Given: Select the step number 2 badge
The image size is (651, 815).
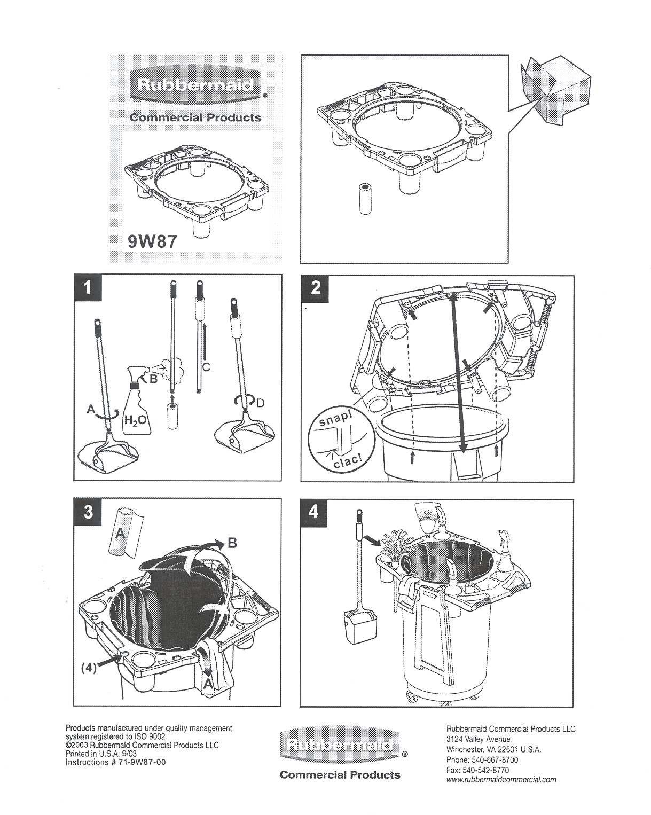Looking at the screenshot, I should [315, 288].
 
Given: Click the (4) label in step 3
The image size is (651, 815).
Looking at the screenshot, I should [89, 668].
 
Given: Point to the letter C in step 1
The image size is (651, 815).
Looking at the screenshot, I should [206, 367].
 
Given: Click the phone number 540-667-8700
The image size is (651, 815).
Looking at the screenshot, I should [489, 760].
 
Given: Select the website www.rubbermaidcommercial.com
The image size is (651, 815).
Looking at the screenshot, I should [500, 779].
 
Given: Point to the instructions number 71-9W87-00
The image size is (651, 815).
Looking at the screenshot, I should [115, 762].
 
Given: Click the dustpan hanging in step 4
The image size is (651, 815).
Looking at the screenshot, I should [355, 629].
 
